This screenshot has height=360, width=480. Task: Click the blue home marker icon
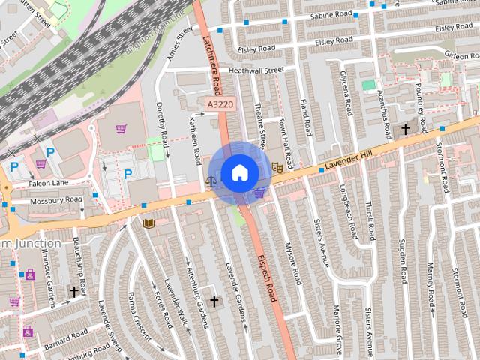click(239, 172)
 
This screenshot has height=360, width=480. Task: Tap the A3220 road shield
click(217, 104)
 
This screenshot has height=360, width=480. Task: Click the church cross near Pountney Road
click(406, 129)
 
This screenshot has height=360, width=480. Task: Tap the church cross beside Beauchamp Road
click(74, 291)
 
